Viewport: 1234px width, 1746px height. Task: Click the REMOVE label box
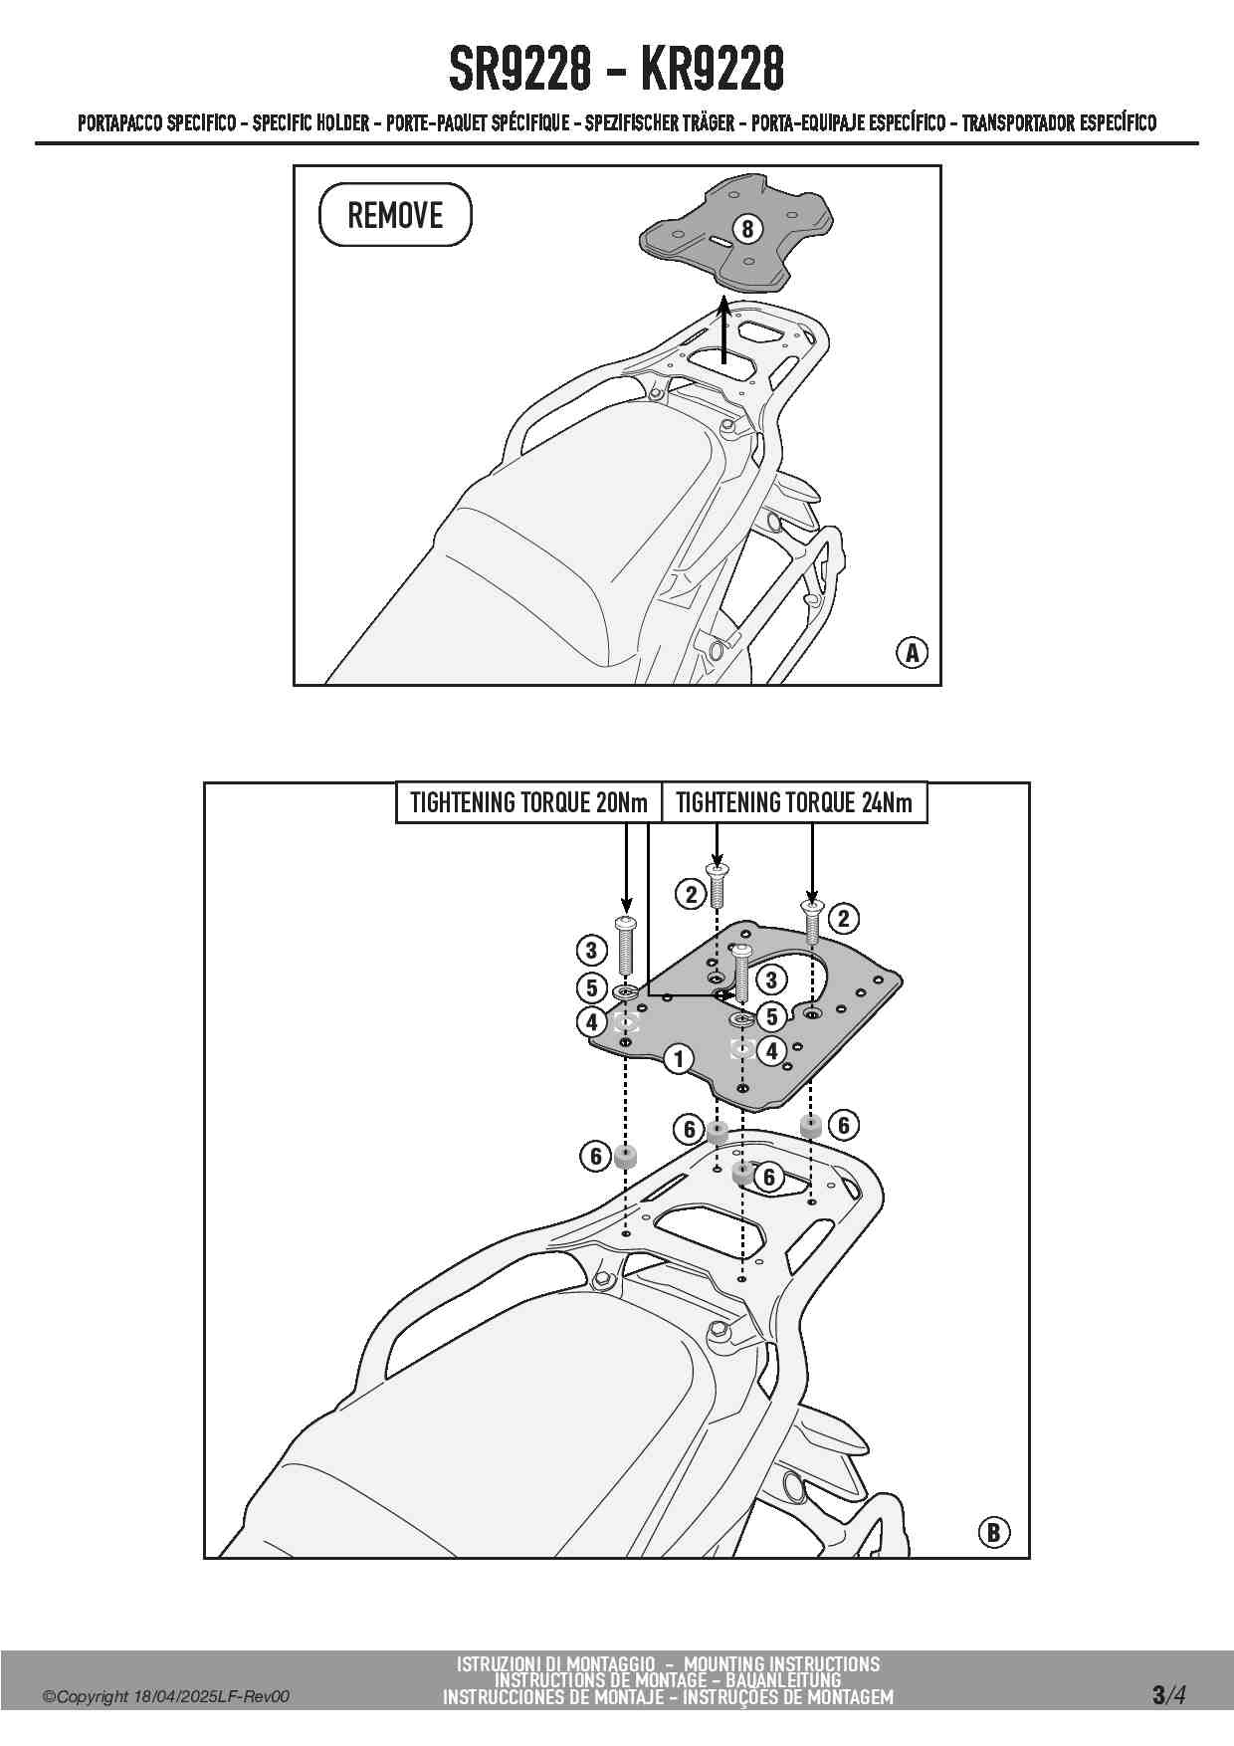click(x=395, y=214)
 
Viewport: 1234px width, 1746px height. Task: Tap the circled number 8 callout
click(x=747, y=229)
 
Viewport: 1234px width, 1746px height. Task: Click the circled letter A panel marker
click(x=912, y=653)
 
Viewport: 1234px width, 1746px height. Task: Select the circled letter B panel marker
click(x=993, y=1532)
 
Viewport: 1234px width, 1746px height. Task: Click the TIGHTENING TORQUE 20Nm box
click(x=528, y=802)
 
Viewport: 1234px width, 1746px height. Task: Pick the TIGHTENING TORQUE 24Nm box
click(x=794, y=802)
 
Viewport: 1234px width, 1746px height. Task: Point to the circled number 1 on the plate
click(x=679, y=1058)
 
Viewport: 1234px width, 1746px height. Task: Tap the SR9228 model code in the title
click(x=517, y=69)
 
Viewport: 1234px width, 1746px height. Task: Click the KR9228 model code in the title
click(x=713, y=69)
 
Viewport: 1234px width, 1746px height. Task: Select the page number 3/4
click(x=1168, y=1694)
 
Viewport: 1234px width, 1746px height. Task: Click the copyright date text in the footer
click(x=166, y=1696)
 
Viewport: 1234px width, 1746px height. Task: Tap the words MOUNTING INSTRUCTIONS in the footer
click(x=781, y=1663)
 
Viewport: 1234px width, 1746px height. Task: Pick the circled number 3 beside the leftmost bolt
click(x=591, y=950)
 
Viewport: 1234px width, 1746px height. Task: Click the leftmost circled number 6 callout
click(x=595, y=1156)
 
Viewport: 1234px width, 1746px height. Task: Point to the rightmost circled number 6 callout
click(x=843, y=1125)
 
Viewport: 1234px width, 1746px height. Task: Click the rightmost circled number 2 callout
click(x=843, y=918)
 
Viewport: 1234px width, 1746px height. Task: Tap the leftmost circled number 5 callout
click(x=591, y=987)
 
